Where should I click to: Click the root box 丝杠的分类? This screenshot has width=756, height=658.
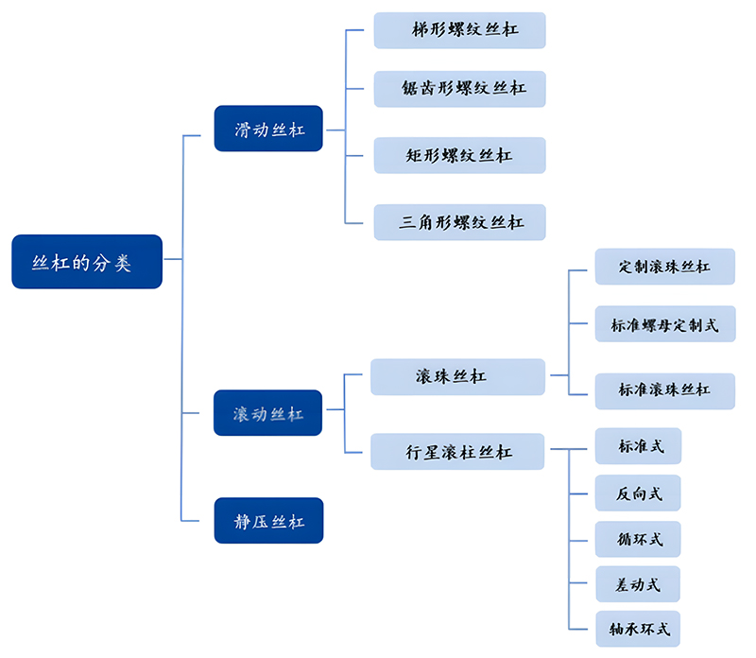(x=87, y=262)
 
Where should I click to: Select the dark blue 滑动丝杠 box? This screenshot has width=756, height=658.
(x=268, y=129)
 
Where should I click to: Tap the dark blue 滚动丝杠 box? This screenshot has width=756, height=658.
(x=268, y=413)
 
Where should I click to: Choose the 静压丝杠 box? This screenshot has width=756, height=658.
(x=268, y=521)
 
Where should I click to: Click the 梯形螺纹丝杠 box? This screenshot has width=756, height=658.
(x=459, y=30)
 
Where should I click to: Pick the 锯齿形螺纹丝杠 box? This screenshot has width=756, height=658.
(x=459, y=89)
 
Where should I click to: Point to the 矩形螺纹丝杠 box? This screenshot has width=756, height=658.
(x=459, y=155)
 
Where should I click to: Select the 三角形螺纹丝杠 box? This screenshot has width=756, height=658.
(x=459, y=222)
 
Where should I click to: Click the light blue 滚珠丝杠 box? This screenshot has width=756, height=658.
(x=457, y=376)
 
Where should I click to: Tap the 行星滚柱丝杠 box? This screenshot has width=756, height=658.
(x=457, y=452)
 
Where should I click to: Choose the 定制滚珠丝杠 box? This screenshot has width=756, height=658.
(x=664, y=267)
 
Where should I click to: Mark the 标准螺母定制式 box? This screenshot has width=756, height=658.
(x=664, y=325)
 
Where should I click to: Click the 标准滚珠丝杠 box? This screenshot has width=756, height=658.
(x=664, y=390)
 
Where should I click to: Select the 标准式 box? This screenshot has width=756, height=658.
(x=638, y=446)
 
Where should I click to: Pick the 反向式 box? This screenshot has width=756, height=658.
(x=638, y=493)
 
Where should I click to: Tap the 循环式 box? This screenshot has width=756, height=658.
(x=638, y=539)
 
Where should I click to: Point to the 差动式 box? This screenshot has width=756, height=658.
(x=638, y=584)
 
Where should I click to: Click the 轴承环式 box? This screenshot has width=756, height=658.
(x=638, y=629)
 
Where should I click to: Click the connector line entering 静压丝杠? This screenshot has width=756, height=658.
(x=198, y=521)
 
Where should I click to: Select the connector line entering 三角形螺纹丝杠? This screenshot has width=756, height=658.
(x=358, y=222)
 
